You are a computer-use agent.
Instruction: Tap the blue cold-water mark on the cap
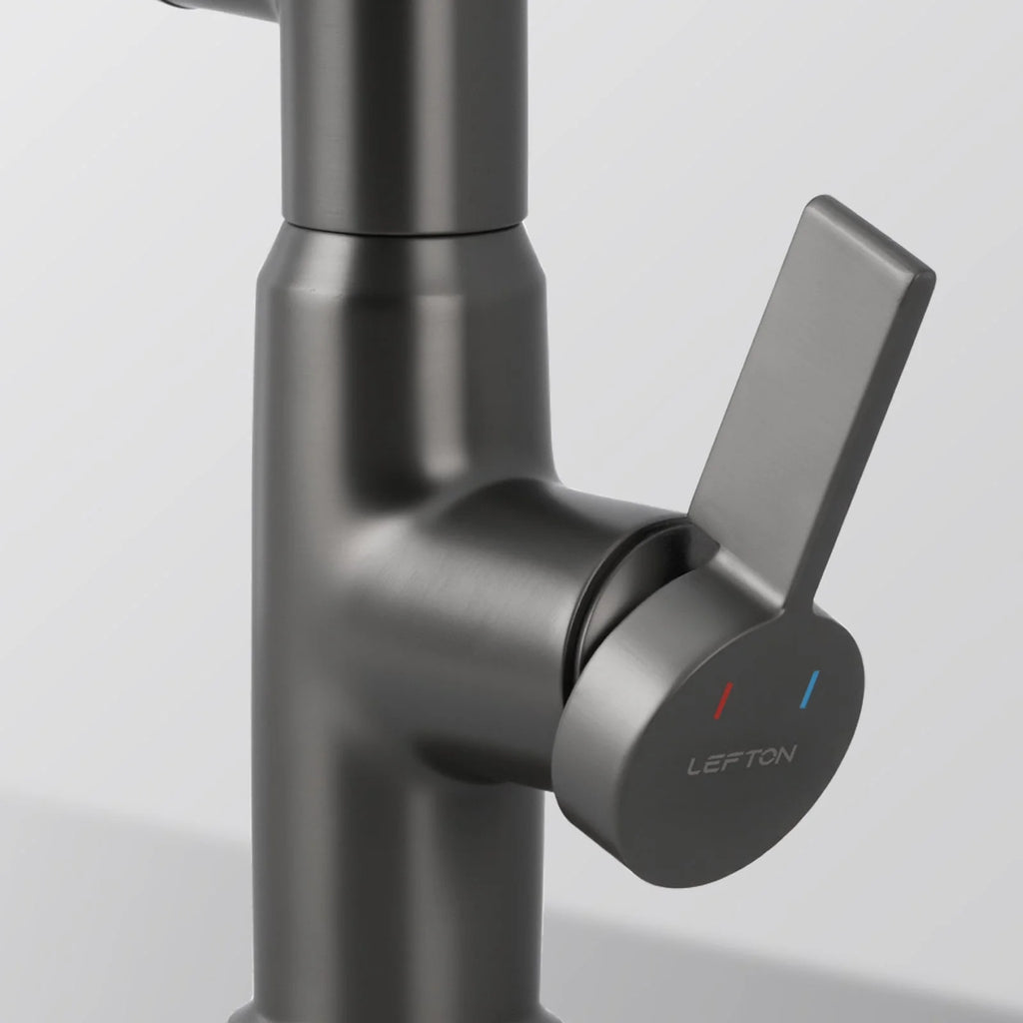(x=809, y=689)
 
